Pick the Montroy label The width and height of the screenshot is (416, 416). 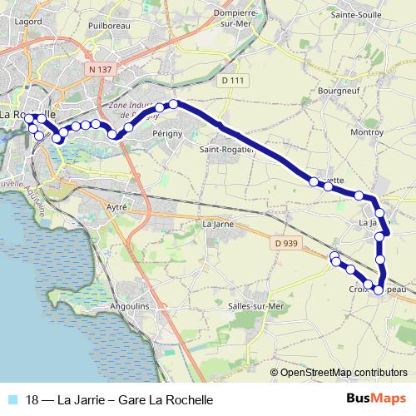(366, 131)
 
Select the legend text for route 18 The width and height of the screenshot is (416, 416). (120, 400)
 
